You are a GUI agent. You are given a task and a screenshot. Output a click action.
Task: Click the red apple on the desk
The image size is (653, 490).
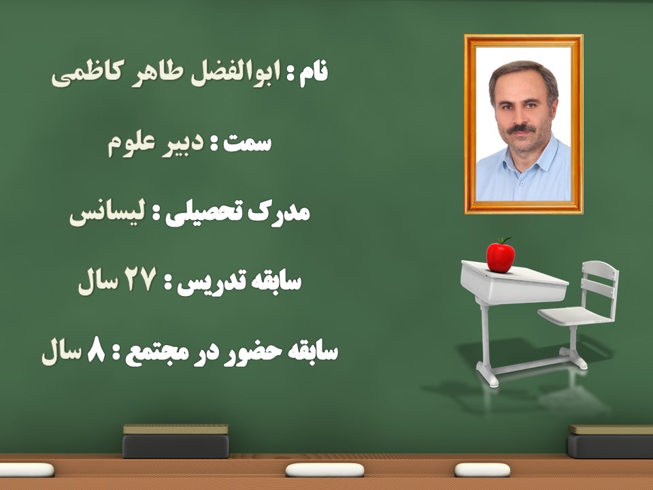click(500, 257)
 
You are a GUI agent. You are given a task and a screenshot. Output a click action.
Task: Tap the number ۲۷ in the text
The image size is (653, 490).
click(139, 280)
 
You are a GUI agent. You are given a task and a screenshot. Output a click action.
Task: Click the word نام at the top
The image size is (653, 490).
click(314, 74)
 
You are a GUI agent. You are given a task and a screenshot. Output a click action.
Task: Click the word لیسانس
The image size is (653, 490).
click(107, 214)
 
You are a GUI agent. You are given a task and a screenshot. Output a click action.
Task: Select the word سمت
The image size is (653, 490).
click(248, 144)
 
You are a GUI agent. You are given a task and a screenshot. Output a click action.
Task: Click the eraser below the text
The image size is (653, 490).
click(175, 441)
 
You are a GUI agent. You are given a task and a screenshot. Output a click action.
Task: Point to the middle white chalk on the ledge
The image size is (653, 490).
click(324, 470)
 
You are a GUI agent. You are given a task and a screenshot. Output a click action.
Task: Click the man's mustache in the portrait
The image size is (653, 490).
click(521, 129)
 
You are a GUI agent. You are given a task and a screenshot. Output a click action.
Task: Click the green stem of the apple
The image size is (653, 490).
click(504, 241)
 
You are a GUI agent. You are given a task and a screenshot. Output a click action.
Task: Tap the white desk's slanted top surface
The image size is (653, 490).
click(514, 272)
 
